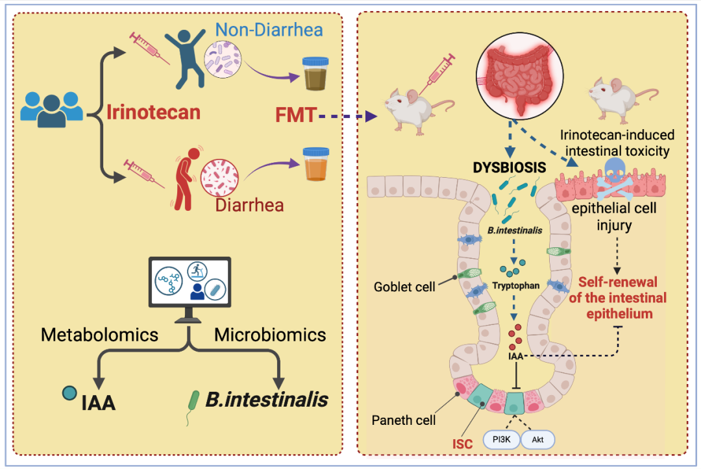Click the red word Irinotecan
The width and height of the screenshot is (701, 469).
point(153,112)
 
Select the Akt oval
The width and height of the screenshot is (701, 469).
point(537,440)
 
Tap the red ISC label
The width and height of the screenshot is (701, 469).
point(461,446)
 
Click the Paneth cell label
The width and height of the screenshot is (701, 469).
point(403,420)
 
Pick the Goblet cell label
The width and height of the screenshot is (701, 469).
point(404,286)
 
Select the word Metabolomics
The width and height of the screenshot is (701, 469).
point(100,335)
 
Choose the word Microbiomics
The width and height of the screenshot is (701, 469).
point(270,335)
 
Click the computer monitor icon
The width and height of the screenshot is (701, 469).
point(190,286)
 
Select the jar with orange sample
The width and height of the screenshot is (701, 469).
point(317,167)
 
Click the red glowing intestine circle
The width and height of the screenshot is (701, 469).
point(519,74)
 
